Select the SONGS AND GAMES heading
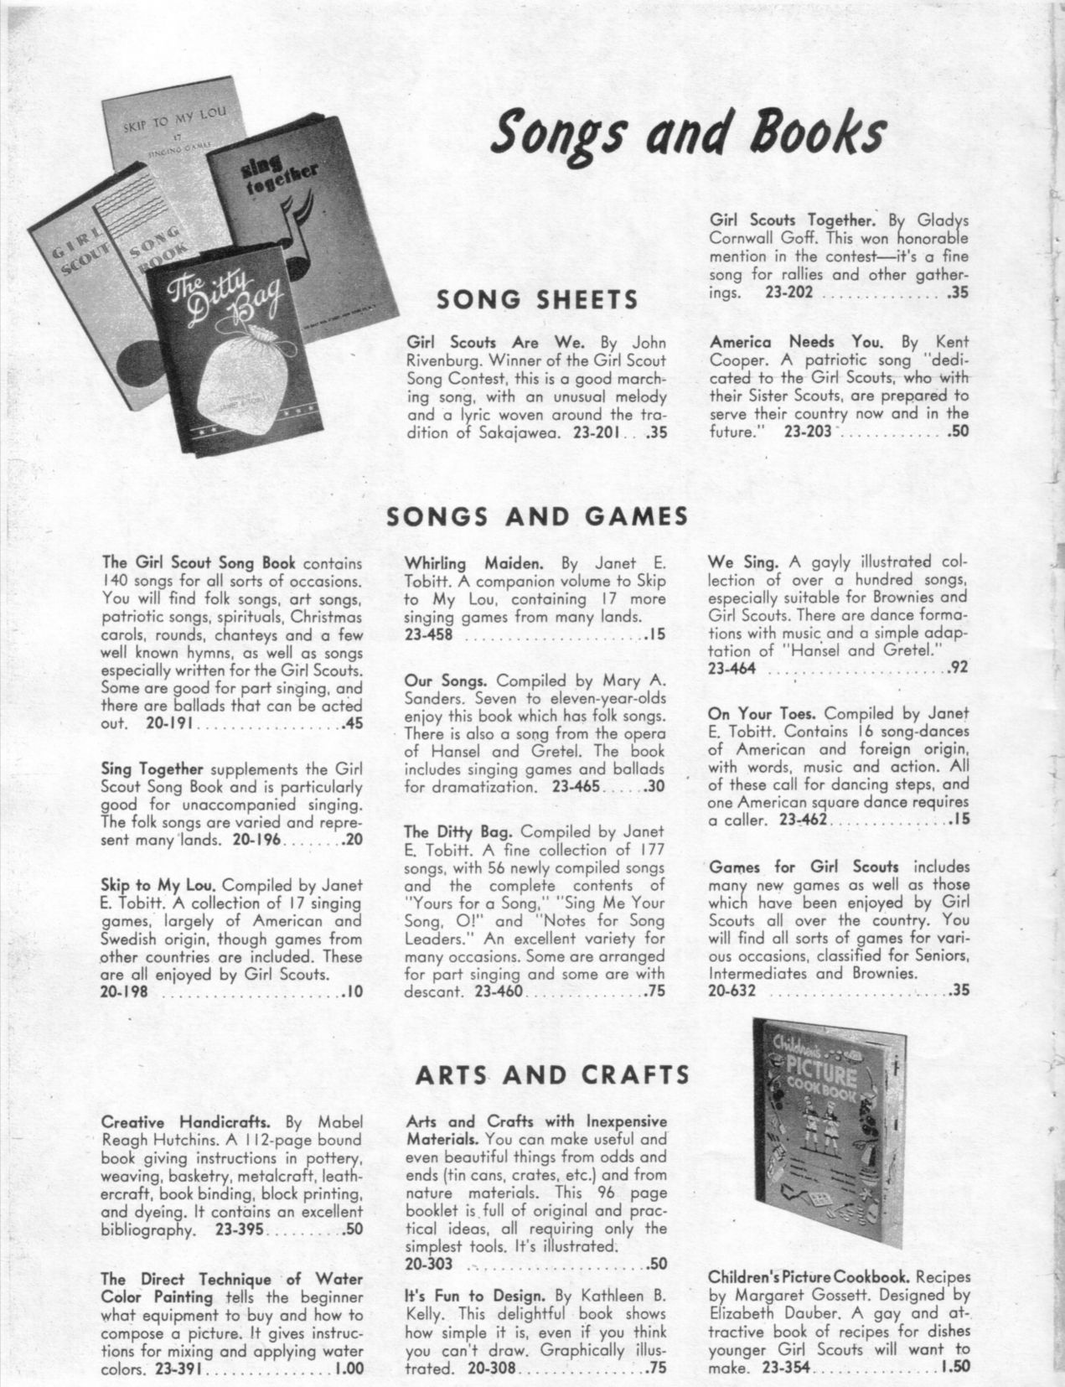[536, 517]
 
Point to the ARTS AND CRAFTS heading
[552, 1075]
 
